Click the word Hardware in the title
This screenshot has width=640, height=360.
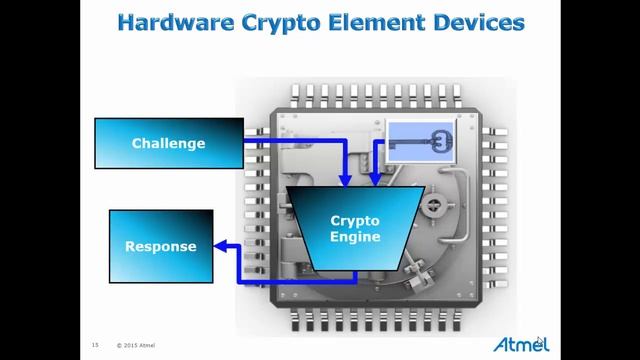click(176, 22)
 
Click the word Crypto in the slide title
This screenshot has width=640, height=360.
click(282, 24)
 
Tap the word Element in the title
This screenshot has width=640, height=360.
click(377, 22)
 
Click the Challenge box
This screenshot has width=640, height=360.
click(169, 143)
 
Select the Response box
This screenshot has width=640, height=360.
click(161, 246)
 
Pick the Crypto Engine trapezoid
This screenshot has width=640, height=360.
click(356, 229)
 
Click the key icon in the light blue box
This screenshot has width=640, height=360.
click(421, 142)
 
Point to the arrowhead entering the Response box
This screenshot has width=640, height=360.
click(220, 246)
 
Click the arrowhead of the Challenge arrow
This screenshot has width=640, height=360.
click(346, 180)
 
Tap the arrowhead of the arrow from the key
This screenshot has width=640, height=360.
click(375, 180)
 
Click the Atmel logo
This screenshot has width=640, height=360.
click(521, 344)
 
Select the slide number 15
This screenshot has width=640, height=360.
click(95, 345)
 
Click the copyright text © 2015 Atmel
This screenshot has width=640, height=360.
click(136, 345)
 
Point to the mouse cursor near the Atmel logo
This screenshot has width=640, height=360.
click(540, 341)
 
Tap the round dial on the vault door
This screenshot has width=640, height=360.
click(433, 204)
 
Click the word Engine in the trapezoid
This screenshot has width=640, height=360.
click(355, 237)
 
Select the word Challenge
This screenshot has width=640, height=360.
click(169, 143)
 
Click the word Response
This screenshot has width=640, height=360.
click(161, 247)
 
